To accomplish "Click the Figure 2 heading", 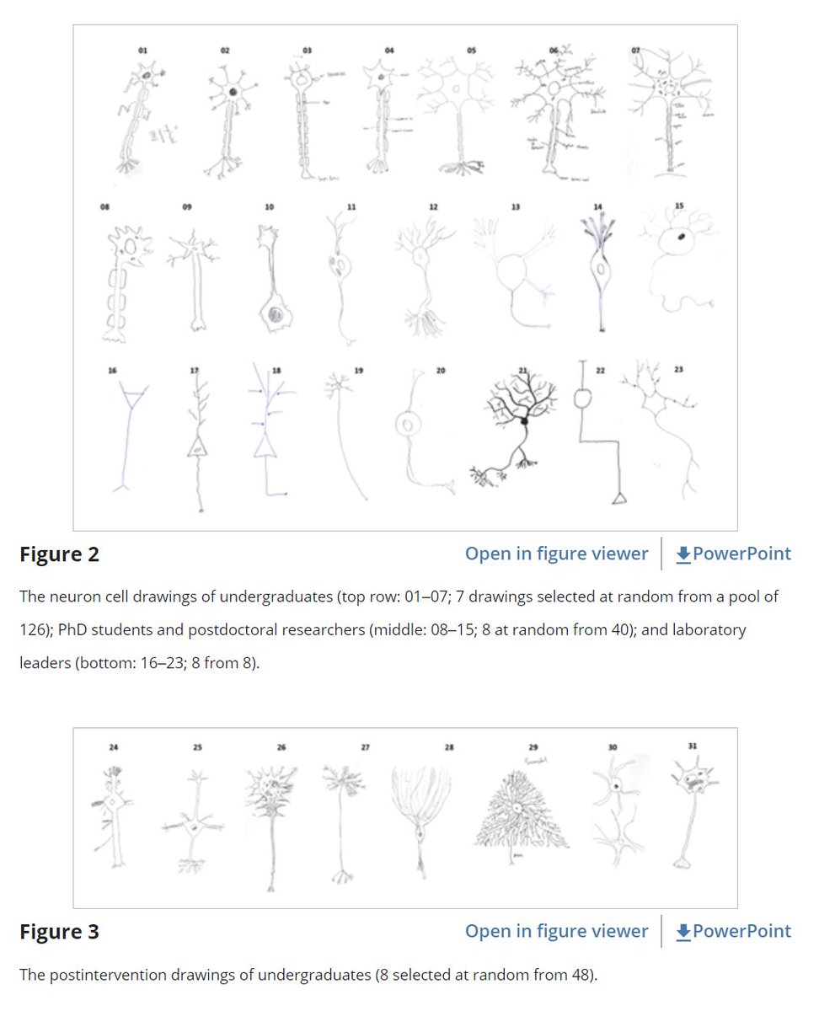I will tap(59, 554).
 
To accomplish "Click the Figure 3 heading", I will tap(59, 932).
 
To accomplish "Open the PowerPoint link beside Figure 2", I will tap(733, 554).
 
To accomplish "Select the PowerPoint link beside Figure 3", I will tap(733, 931).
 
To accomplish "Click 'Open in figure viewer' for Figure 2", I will tap(556, 554).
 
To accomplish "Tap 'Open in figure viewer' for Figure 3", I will tap(556, 931).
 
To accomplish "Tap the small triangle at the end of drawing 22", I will tap(618, 499).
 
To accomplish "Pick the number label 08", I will tap(104, 206).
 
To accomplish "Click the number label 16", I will tap(113, 368).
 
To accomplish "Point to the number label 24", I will tap(114, 746).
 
